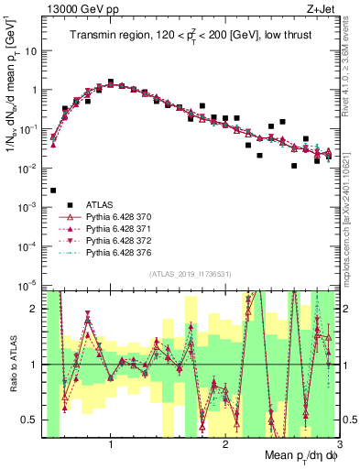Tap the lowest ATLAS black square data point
click(x=53, y=191)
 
